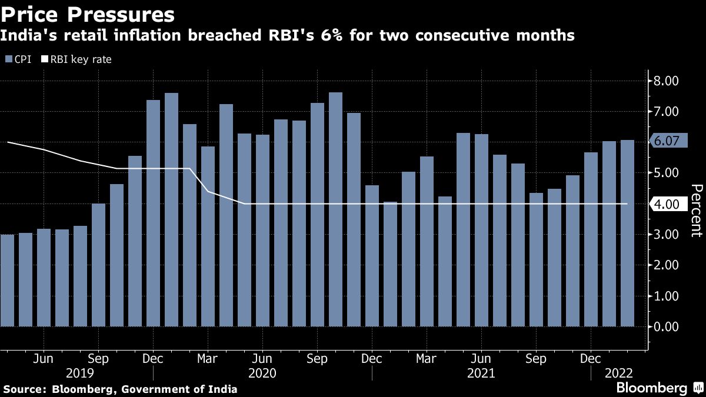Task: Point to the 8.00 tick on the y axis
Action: point(667,81)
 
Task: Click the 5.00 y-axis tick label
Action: point(667,173)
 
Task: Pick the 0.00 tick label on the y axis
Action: point(667,326)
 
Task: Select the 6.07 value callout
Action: point(667,141)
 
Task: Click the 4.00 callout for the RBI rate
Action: point(667,204)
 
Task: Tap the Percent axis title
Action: point(695,211)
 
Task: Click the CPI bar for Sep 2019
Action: point(98,265)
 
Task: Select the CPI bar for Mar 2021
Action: point(427,241)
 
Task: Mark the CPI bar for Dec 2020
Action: point(372,256)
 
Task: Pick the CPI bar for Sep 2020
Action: point(317,215)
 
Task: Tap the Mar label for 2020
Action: point(208,359)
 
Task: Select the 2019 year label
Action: point(80,373)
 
